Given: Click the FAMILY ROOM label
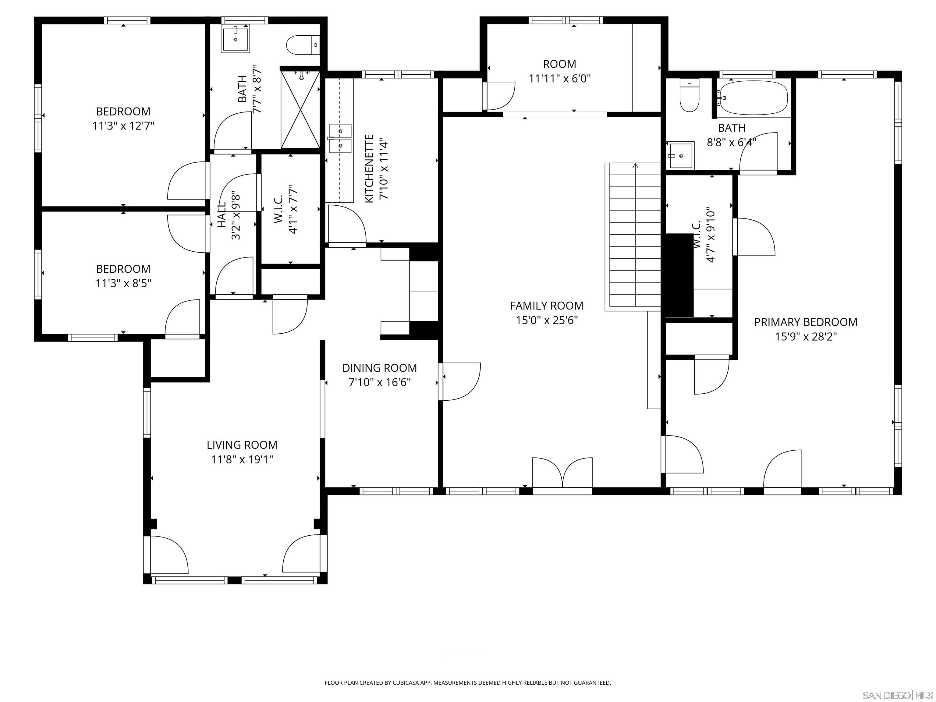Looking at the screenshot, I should coord(546,306).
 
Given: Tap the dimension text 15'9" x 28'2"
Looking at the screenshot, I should coord(806,336).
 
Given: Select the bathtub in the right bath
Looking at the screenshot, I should coord(753,98).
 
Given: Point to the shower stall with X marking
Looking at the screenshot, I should coord(300,109).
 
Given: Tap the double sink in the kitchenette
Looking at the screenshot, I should coord(341,138).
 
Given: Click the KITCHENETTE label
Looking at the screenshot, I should coord(369,168).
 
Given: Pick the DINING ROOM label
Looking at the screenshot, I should coord(380,368).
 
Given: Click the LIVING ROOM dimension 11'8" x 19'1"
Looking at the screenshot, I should coord(242,459).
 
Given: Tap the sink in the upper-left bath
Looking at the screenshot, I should coord(235,38).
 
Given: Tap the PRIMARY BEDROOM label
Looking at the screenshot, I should coord(806,322).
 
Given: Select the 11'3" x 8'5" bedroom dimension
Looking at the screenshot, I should coord(123,283).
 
